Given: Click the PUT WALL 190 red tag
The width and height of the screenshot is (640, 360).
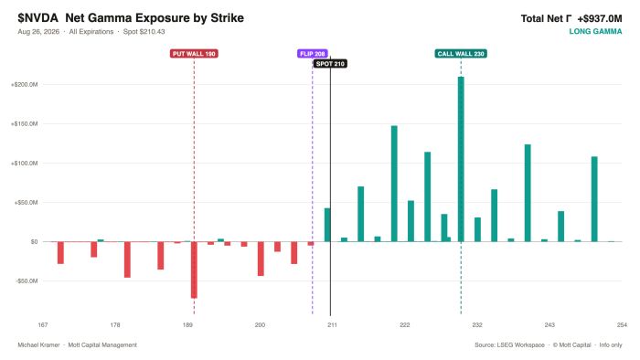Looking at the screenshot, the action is pyautogui.click(x=194, y=54).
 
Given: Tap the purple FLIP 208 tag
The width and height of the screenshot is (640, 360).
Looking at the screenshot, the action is pyautogui.click(x=313, y=54).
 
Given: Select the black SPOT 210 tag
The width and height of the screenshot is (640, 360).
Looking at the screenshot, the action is pyautogui.click(x=330, y=64).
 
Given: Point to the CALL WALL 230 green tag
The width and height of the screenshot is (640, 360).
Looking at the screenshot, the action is pyautogui.click(x=461, y=54).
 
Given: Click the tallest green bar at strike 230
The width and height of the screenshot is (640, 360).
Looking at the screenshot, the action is pyautogui.click(x=461, y=159).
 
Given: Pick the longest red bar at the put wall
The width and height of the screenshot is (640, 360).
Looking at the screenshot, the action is pyautogui.click(x=194, y=270).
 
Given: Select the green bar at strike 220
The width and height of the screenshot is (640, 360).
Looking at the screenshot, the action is pyautogui.click(x=394, y=184).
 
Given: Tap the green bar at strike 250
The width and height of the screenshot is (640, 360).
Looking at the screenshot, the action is pyautogui.click(x=594, y=199).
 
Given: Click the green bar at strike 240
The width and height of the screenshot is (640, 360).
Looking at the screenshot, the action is pyautogui.click(x=528, y=193).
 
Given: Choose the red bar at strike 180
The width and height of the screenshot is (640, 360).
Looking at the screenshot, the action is pyautogui.click(x=127, y=259).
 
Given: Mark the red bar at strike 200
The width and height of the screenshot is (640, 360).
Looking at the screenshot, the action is pyautogui.click(x=261, y=259).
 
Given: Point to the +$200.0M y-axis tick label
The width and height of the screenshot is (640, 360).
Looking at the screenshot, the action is pyautogui.click(x=24, y=84).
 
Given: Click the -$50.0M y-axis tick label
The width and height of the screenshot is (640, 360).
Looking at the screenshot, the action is pyautogui.click(x=27, y=281).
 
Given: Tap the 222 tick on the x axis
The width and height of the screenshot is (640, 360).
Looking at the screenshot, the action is pyautogui.click(x=404, y=325).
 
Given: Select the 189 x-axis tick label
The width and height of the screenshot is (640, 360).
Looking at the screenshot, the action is pyautogui.click(x=187, y=325).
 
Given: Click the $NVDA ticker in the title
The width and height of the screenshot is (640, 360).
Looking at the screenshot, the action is pyautogui.click(x=38, y=18).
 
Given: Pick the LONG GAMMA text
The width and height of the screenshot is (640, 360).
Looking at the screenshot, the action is pyautogui.click(x=595, y=31).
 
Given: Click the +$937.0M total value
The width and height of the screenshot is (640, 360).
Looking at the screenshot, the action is pyautogui.click(x=600, y=18).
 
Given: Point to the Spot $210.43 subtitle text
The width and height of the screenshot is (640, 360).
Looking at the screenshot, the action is pyautogui.click(x=144, y=31).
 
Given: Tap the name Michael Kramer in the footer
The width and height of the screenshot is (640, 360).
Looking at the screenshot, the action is pyautogui.click(x=38, y=344).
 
